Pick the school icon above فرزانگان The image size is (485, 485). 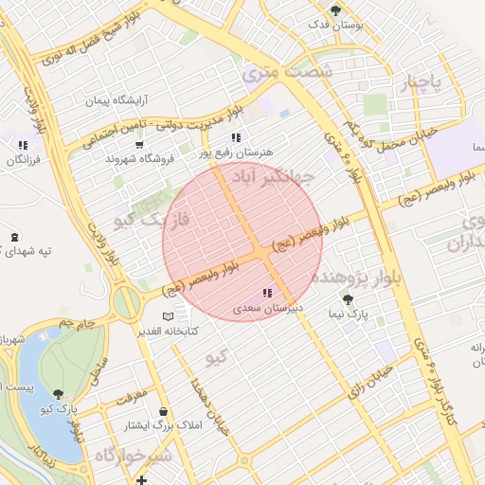point(22,145)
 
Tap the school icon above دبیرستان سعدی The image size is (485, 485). point(267,294)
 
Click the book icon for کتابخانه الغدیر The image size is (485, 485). point(168,316)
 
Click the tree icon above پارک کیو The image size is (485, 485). point(59,394)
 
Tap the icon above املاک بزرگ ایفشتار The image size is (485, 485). point(165,412)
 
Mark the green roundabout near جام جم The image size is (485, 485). point(126,303)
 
